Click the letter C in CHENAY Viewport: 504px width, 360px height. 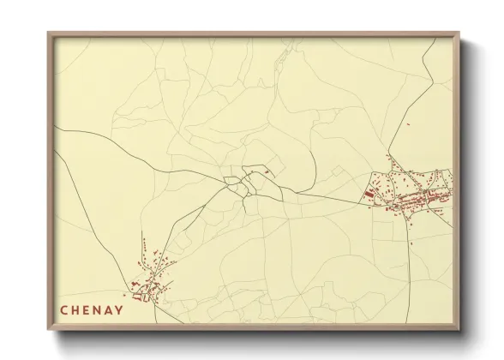point(63,310)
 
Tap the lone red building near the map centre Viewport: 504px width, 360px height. point(267,172)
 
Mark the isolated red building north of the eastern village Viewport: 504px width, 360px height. point(408,127)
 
